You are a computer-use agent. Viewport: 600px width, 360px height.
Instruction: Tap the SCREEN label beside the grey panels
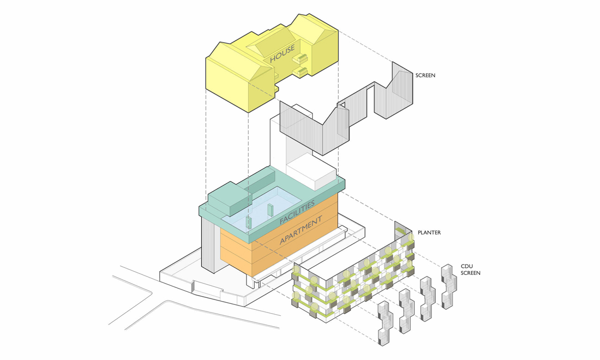[x=425, y=75]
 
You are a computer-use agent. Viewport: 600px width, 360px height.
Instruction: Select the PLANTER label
[x=429, y=233]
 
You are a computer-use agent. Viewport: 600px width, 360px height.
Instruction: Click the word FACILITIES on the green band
[x=297, y=213]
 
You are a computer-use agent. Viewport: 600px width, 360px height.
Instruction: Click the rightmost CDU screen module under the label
[x=449, y=287]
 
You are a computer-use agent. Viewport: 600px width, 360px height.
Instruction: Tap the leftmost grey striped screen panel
[x=295, y=121]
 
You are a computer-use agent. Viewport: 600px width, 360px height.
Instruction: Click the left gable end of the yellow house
[x=226, y=76]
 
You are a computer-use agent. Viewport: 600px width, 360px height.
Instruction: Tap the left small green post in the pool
[x=248, y=222]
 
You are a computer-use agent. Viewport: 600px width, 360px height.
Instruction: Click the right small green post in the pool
[x=271, y=210]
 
